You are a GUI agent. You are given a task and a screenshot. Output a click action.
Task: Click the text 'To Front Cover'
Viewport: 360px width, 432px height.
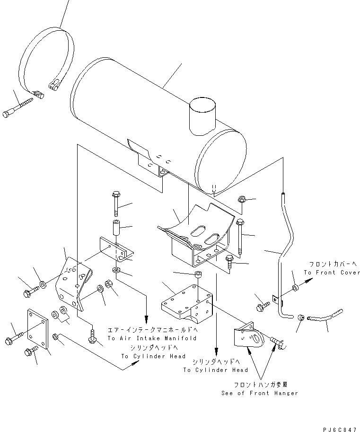click(332, 273)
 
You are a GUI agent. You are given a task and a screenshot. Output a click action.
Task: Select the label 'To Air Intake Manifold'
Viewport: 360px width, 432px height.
click(152, 338)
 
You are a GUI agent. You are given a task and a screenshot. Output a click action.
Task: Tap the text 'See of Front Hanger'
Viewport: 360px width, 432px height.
click(259, 393)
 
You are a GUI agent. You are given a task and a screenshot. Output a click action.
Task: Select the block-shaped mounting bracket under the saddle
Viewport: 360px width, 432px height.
click(187, 302)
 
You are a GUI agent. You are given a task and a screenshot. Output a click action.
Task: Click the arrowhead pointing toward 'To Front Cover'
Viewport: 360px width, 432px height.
click(310, 280)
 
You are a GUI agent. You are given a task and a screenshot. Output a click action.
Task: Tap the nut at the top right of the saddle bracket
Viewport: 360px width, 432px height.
click(241, 199)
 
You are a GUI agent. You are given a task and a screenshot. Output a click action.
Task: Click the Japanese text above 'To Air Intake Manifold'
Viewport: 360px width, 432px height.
click(152, 329)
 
